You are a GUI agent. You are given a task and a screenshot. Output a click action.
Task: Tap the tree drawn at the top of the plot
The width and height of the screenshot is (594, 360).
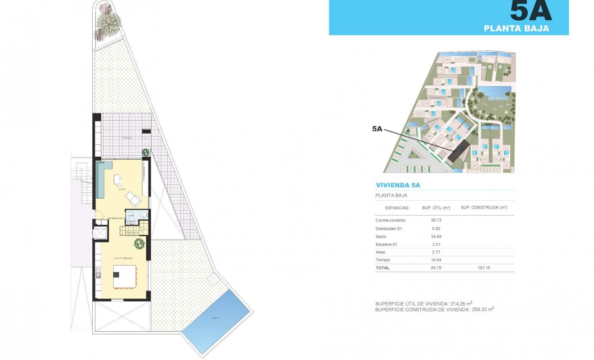click(x=108, y=25)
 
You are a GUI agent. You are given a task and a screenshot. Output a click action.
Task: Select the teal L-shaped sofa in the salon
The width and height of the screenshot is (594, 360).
click(x=102, y=178)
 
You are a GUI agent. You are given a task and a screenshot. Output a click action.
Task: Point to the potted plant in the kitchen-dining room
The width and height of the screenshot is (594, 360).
click(x=139, y=244)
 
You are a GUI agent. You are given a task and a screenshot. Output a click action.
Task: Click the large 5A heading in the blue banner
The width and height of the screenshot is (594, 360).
click(x=531, y=11)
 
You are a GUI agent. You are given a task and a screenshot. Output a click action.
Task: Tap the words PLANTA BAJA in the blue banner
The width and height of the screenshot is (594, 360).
click(x=516, y=28)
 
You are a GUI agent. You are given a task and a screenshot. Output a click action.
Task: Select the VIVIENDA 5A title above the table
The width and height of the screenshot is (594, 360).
click(x=398, y=185)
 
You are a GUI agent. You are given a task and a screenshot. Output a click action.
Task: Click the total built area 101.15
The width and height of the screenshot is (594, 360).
click(x=484, y=268)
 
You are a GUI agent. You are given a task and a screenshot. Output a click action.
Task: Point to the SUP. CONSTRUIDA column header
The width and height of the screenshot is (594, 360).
click(x=484, y=208)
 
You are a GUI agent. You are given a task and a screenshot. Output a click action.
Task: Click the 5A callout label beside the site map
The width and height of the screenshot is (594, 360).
click(x=377, y=129)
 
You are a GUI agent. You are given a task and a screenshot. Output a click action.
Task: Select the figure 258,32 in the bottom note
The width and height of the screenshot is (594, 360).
click(x=481, y=310)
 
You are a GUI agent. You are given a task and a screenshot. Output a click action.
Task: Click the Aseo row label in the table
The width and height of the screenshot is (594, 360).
click(x=380, y=252)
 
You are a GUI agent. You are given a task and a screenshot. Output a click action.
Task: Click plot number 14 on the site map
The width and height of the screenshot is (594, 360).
click(x=447, y=59)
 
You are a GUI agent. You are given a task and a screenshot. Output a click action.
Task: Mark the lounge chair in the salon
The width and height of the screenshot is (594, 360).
click(x=134, y=198)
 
